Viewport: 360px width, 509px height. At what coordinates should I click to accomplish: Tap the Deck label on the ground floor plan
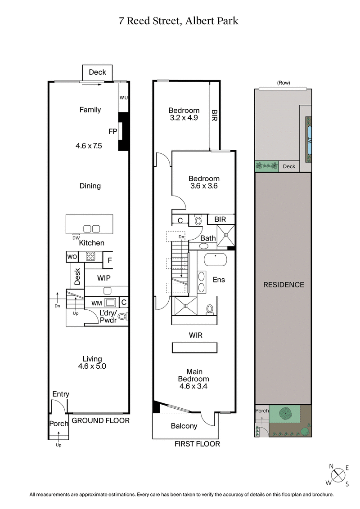click(x=97, y=72)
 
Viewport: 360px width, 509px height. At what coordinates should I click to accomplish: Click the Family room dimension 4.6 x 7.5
click(x=90, y=146)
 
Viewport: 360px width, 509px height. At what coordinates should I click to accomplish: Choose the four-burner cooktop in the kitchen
click(x=91, y=257)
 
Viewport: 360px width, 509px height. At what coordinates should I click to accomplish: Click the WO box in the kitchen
click(x=72, y=257)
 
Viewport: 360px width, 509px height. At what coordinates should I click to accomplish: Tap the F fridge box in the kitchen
click(x=109, y=259)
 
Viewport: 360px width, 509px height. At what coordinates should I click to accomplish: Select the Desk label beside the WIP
click(x=77, y=277)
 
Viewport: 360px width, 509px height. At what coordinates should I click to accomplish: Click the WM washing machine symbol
click(x=109, y=303)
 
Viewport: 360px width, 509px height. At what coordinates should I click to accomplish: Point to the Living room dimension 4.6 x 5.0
click(x=92, y=366)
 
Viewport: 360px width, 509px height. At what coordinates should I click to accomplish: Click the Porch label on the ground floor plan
click(x=58, y=424)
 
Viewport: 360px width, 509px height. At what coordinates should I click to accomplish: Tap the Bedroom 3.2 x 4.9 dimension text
click(x=184, y=118)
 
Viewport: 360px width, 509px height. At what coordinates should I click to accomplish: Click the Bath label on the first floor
click(x=208, y=238)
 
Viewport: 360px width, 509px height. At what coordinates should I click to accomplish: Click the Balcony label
click(x=184, y=426)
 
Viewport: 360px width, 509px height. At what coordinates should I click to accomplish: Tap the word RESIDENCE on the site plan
click(x=283, y=285)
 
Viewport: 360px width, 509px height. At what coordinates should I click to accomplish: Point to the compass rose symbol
click(x=338, y=474)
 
